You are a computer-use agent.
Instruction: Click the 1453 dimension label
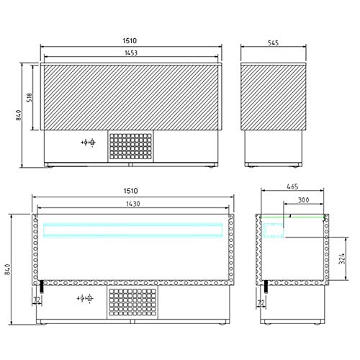pyautogui.click(x=131, y=53)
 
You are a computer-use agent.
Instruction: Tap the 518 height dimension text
pyautogui.click(x=30, y=97)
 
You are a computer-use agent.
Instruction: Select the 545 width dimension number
pyautogui.click(x=273, y=42)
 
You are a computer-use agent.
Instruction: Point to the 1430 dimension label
pyautogui.click(x=133, y=204)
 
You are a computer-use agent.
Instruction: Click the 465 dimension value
pyautogui.click(x=292, y=186)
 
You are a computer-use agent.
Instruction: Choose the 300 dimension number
pyautogui.click(x=303, y=200)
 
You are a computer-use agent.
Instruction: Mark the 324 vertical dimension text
pyautogui.click(x=342, y=258)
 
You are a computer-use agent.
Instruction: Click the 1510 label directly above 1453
pyautogui.click(x=130, y=40)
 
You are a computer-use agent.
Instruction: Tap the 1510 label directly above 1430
pyautogui.click(x=131, y=191)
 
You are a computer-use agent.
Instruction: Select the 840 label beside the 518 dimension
pyautogui.click(x=19, y=115)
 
